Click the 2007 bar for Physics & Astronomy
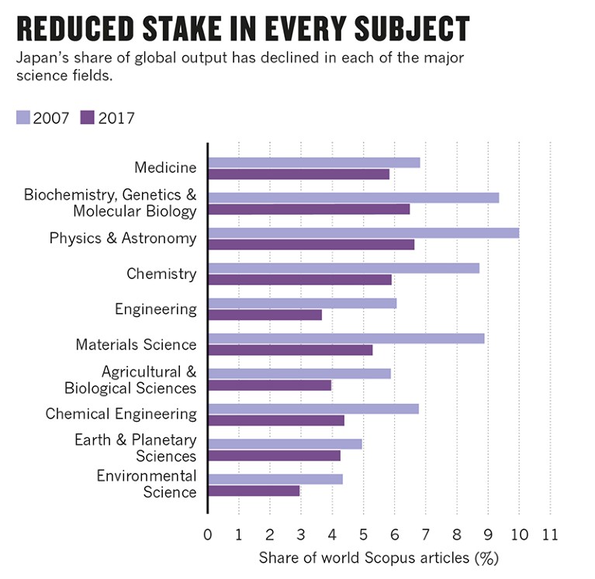363,233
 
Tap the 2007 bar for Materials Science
346,338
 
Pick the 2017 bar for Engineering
265,315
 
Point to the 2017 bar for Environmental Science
254,491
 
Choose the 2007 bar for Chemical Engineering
313,408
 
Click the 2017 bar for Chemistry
299,279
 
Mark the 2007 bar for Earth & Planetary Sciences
285,444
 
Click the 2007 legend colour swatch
23,118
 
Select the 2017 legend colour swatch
87,118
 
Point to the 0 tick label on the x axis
208,536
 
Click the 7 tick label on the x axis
426,536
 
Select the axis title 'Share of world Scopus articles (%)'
378,558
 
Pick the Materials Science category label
136,345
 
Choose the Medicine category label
165,167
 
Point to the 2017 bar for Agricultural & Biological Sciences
269,385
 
